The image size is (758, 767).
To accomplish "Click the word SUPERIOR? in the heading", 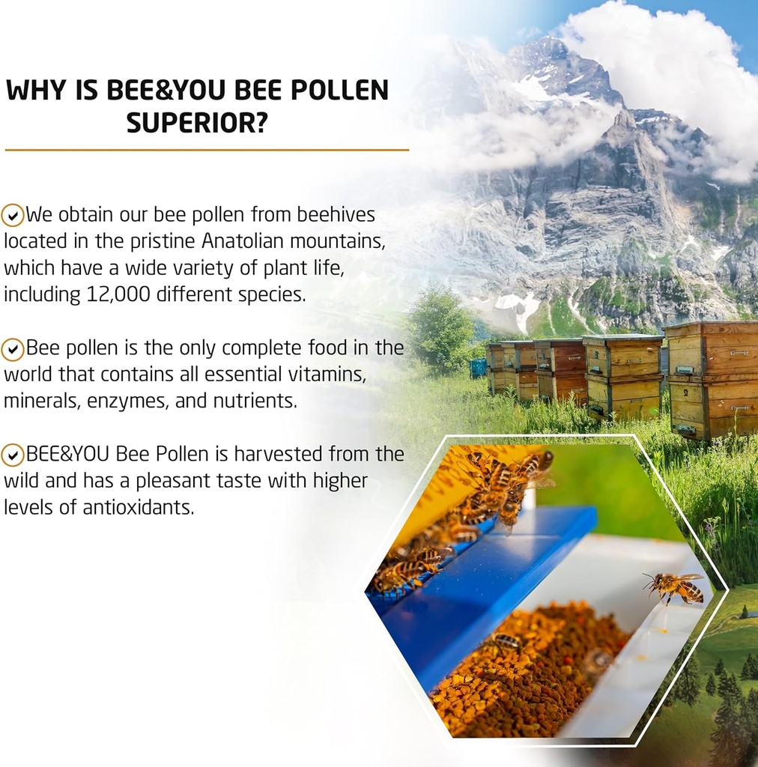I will click(196, 123).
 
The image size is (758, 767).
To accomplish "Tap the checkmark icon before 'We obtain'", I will click(12, 216).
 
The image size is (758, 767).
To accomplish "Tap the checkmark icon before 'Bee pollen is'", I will click(12, 349).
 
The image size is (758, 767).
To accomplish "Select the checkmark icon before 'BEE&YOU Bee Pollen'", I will click(12, 455).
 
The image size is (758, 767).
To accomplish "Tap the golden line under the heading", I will click(207, 150).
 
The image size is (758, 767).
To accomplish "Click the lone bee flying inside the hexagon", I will click(676, 586).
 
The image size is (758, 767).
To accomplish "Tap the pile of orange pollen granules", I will click(524, 674).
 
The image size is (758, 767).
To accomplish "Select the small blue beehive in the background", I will click(478, 368).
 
